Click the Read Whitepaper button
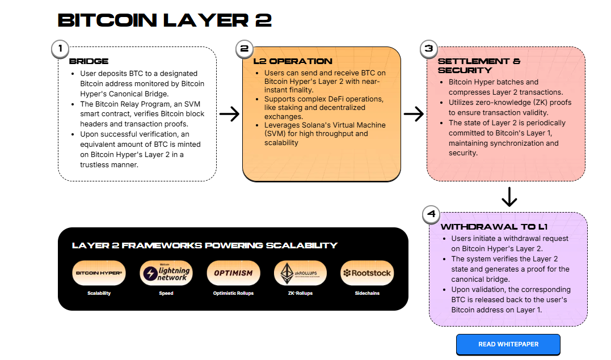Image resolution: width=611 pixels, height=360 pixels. tap(508, 344)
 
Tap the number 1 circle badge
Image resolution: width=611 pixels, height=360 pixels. tap(60, 48)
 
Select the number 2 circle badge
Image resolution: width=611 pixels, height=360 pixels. tap(245, 48)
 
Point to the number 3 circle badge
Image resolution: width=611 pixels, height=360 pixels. tap(429, 48)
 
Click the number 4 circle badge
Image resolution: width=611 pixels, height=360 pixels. tap(432, 214)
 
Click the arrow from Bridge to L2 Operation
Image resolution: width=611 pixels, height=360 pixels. tap(230, 115)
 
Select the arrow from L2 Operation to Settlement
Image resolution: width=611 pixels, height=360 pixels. tap(414, 115)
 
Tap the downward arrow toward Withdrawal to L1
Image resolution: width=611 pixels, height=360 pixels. tap(509, 197)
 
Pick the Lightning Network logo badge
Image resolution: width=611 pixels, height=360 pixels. tap(166, 273)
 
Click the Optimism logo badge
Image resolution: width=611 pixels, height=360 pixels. tap(233, 273)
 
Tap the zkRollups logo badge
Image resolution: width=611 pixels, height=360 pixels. tap(300, 273)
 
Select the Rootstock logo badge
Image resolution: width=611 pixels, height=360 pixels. tap(367, 273)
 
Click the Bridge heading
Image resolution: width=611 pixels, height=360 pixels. tap(89, 61)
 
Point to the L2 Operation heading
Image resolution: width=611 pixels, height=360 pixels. tap(293, 61)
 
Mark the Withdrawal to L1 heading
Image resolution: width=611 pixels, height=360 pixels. tap(494, 227)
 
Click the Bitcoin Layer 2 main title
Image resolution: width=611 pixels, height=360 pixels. tap(165, 20)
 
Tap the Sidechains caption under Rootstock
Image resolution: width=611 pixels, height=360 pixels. tap(367, 293)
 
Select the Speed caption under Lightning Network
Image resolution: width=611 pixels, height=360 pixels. tap(166, 293)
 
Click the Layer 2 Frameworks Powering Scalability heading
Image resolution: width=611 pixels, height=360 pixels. tap(205, 245)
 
